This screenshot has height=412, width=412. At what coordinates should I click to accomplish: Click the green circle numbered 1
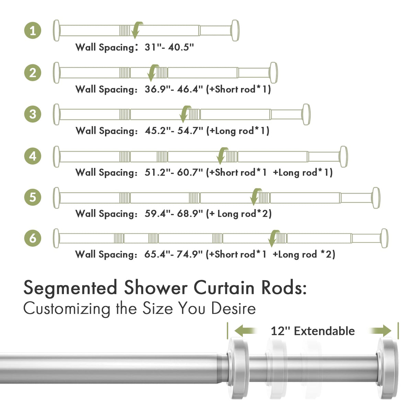point(33,31)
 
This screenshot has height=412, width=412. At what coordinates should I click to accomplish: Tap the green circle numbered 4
point(33,156)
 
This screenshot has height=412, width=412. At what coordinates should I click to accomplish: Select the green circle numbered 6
point(33,238)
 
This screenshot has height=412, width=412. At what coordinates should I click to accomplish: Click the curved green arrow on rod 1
point(136,30)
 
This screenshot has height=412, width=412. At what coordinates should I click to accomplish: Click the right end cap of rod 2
point(273,73)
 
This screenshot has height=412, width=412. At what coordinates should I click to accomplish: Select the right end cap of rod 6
point(384,238)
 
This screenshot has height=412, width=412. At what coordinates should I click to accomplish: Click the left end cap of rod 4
point(56,157)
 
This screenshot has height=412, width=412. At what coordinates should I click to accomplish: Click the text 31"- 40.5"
point(169,47)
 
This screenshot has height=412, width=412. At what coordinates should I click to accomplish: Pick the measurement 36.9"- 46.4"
point(174,89)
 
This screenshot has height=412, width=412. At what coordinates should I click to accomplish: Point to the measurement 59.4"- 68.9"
point(174,214)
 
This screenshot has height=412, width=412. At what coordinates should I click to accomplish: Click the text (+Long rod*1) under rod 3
point(238,130)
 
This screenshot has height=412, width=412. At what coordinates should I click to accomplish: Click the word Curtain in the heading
point(224,288)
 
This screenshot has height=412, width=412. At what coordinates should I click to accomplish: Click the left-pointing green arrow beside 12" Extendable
point(246,331)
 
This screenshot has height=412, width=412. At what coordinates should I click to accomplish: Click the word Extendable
point(324,331)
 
